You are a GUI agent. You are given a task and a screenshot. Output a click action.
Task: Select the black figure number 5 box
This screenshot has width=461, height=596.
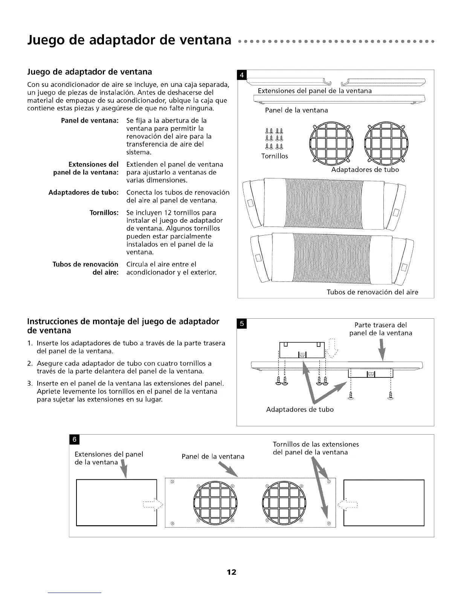point(242,324)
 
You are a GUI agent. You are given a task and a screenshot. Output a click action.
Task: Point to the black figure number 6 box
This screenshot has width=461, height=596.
point(74,439)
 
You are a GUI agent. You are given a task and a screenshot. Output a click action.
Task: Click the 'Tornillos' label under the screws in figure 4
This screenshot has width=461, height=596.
point(275,156)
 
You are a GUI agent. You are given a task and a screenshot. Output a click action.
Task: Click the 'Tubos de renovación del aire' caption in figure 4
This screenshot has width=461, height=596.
point(372,292)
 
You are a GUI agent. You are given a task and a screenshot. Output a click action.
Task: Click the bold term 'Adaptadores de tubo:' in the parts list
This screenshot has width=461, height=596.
point(84,193)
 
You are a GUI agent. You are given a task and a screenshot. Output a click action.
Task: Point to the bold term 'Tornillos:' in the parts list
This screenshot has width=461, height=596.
point(104,213)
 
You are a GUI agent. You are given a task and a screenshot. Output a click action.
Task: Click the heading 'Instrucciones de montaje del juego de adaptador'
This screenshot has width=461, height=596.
point(123,322)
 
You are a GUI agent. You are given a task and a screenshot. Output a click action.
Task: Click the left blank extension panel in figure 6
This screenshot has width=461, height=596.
point(116,502)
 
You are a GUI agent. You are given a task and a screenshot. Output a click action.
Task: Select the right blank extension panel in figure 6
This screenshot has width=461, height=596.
point(384,502)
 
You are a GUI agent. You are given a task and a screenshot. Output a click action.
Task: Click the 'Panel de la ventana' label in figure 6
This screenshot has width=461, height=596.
point(213,456)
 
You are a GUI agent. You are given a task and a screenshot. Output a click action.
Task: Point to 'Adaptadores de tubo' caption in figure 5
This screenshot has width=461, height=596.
point(300,409)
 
